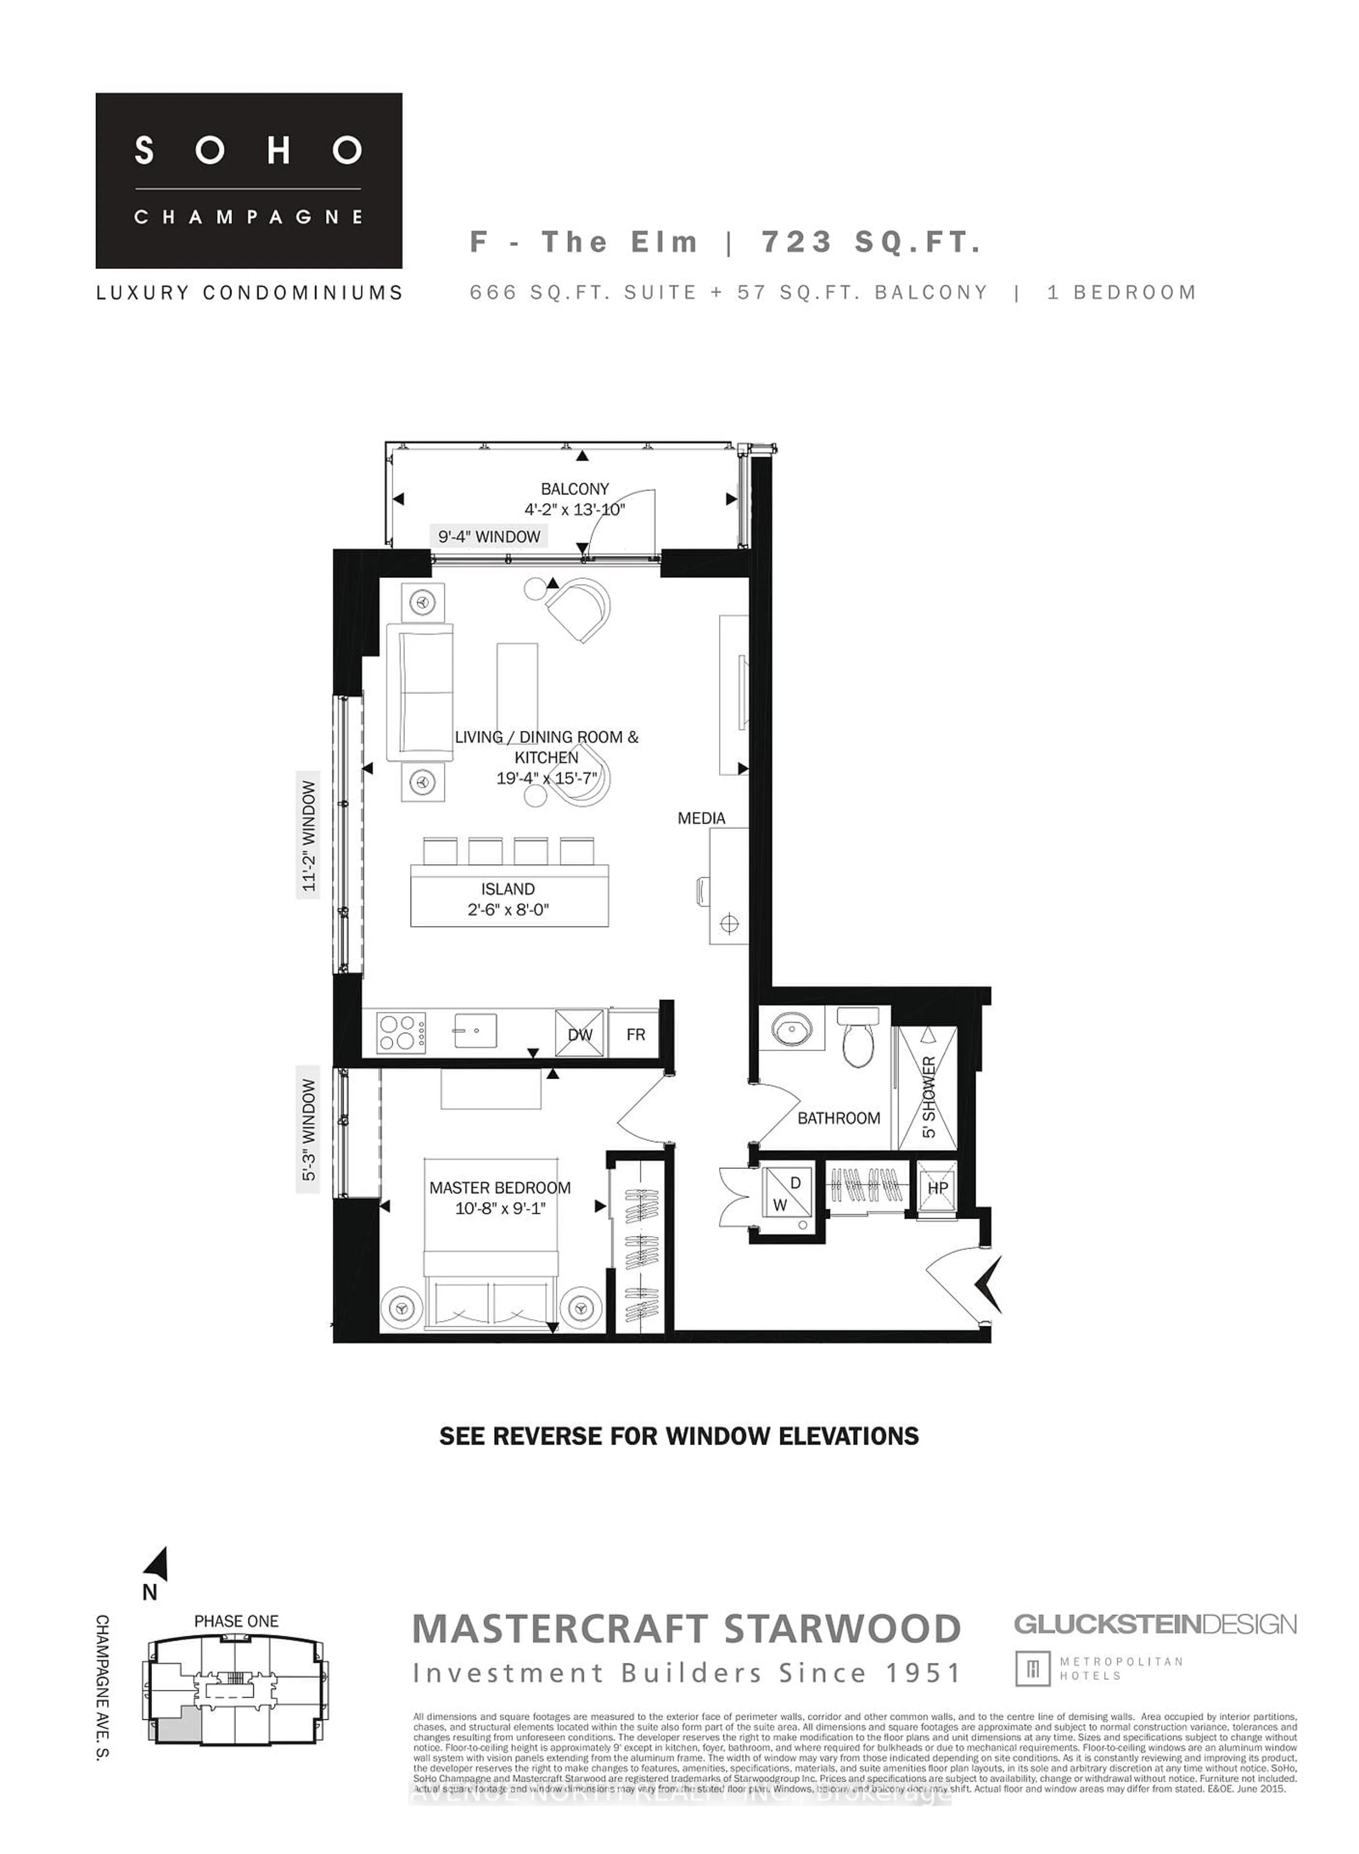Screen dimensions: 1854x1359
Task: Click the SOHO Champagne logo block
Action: click(248, 180)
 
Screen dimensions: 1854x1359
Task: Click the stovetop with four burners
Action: click(401, 1032)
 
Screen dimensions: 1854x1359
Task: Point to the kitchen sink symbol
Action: click(476, 1030)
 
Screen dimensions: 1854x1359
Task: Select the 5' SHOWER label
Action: click(929, 1097)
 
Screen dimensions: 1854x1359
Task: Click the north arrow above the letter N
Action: click(158, 1564)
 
